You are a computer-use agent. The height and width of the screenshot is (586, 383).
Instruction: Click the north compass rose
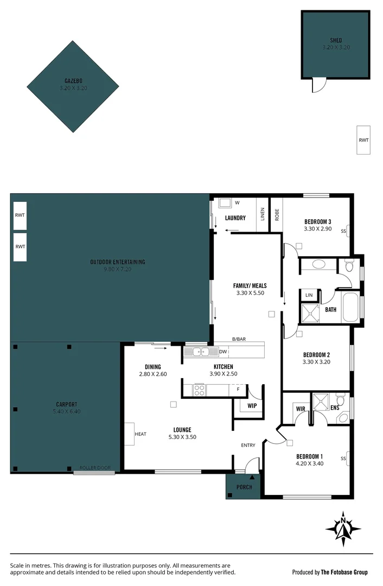[343, 528]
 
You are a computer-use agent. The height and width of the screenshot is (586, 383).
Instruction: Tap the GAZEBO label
[73, 81]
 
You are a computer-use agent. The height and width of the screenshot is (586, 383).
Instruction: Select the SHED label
[336, 40]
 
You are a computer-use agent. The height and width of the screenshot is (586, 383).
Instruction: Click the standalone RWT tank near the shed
[363, 140]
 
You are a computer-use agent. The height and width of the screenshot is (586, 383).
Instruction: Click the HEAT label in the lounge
[141, 434]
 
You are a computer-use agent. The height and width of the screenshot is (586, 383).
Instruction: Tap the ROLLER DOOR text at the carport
[95, 468]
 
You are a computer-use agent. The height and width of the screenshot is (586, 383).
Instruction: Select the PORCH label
[244, 487]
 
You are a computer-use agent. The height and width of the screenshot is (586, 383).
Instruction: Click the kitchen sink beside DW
[199, 352]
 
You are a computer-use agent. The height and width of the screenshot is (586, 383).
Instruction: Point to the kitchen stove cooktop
[199, 389]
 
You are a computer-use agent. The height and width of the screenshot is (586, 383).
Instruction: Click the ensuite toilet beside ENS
[342, 417]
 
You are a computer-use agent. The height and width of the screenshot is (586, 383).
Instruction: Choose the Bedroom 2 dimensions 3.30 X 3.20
[316, 362]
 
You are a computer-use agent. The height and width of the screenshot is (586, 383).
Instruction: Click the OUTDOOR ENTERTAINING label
[118, 262]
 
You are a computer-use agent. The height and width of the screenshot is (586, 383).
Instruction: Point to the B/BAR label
[239, 339]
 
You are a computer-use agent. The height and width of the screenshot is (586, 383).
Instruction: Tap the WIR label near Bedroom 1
[300, 408]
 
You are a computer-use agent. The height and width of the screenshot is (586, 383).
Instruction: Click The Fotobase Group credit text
[344, 572]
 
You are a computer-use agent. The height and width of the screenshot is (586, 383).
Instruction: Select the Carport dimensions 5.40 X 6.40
[66, 411]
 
